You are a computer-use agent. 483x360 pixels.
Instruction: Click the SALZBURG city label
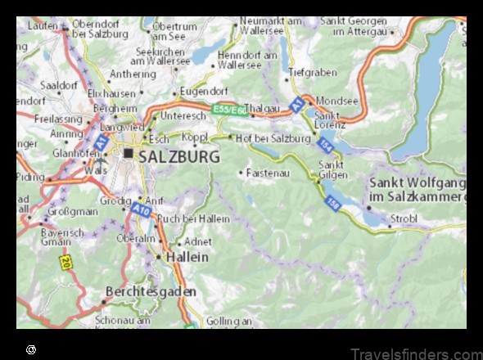178,155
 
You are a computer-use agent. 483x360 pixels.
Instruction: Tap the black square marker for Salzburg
129,153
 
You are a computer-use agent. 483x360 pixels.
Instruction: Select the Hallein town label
187,256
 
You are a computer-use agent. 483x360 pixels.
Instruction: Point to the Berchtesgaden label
151,291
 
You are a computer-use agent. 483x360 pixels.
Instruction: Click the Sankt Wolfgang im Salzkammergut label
418,190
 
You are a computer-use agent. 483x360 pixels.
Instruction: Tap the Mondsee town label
336,101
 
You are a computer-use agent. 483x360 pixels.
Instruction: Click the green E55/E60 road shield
227,109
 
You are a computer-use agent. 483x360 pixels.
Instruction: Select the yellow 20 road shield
64,263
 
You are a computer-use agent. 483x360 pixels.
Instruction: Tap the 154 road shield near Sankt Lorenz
326,145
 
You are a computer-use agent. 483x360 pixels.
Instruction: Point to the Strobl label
404,219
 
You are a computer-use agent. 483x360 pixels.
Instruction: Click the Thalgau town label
263,107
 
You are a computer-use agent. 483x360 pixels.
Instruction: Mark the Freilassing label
59,118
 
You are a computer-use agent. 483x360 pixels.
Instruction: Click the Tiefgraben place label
312,73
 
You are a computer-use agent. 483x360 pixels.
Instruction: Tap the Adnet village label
199,241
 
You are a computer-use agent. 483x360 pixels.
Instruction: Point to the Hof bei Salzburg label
273,138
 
